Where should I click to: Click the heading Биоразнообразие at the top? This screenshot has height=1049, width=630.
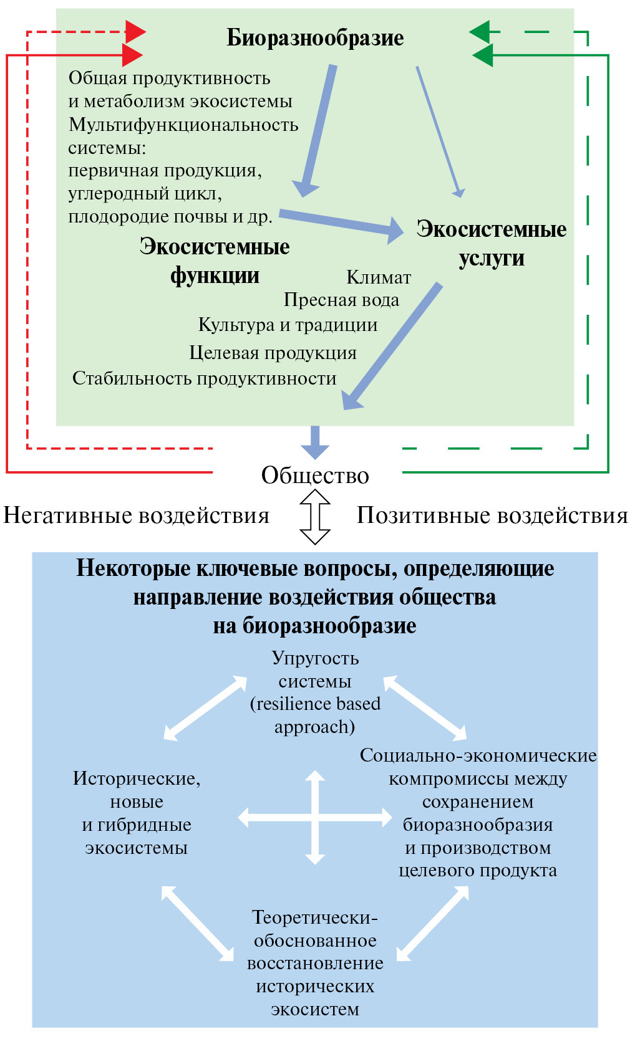pyautogui.click(x=315, y=38)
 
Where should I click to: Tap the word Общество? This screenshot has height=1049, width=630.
pyautogui.click(x=315, y=475)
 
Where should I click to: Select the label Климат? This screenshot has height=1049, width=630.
pyautogui.click(x=379, y=277)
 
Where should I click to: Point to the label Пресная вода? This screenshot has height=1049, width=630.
pyautogui.click(x=341, y=300)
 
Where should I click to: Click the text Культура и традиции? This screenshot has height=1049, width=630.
pyautogui.click(x=288, y=325)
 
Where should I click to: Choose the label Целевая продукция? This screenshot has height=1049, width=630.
pyautogui.click(x=273, y=353)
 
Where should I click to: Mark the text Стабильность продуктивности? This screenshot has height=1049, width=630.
pyautogui.click(x=204, y=378)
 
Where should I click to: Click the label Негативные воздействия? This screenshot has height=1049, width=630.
pyautogui.click(x=136, y=515)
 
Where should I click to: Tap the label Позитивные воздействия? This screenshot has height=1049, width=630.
pyautogui.click(x=492, y=515)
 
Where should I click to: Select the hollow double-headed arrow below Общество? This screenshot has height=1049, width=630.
pyautogui.click(x=315, y=517)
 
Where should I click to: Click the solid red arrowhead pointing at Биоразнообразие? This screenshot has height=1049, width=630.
pyautogui.click(x=132, y=55)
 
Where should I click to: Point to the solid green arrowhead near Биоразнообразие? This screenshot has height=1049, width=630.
pyautogui.click(x=483, y=55)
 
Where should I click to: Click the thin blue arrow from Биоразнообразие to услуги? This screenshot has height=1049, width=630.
pyautogui.click(x=439, y=131)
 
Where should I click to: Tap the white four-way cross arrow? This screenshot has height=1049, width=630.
pyautogui.click(x=315, y=817)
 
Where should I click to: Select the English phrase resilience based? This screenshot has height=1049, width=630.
pyautogui.click(x=315, y=704)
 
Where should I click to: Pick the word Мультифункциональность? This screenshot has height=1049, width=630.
pyautogui.click(x=183, y=125)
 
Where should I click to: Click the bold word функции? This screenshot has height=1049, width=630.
pyautogui.click(x=215, y=275)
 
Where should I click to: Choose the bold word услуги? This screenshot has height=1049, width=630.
pyautogui.click(x=492, y=258)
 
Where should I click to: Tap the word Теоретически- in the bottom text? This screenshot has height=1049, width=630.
pyautogui.click(x=315, y=917)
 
